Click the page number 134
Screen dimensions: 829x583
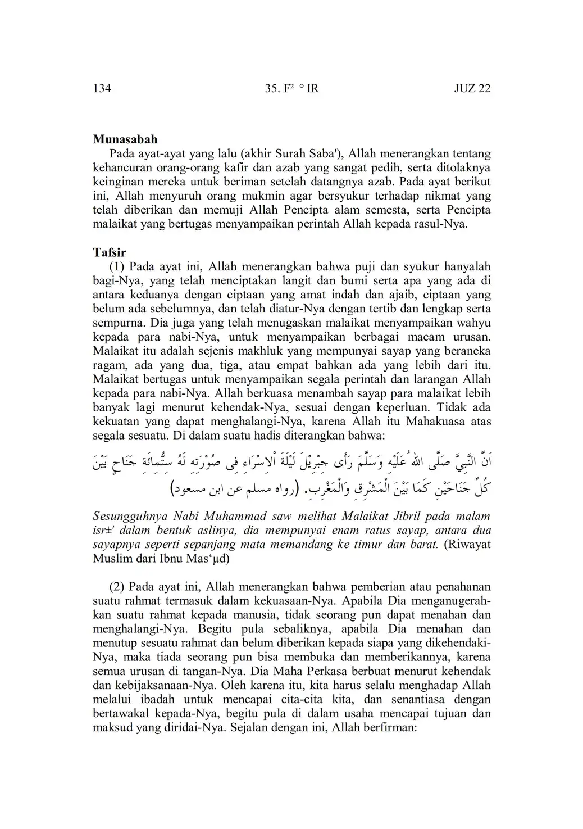(102, 88)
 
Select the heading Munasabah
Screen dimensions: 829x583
(125, 139)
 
